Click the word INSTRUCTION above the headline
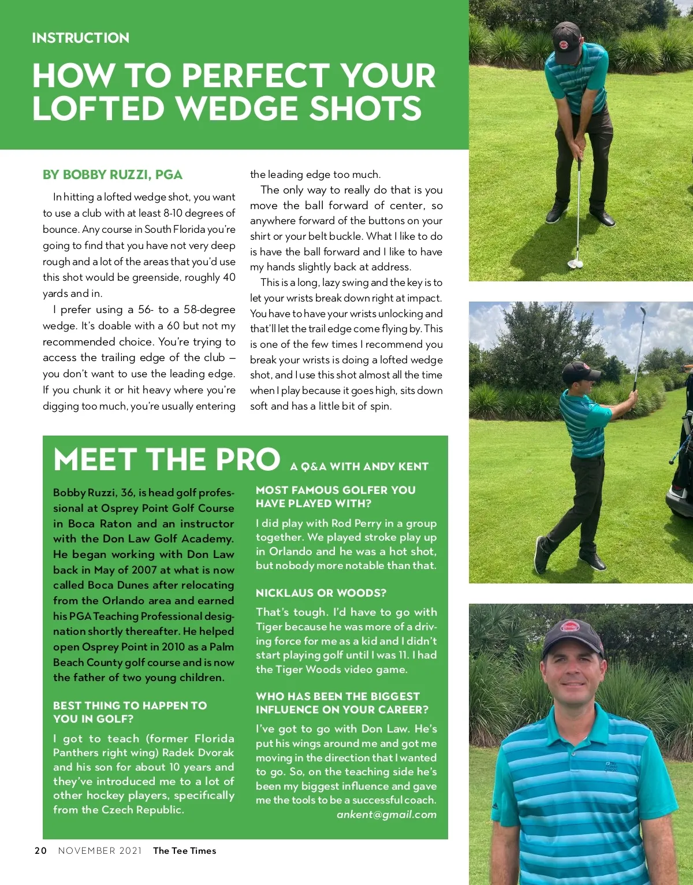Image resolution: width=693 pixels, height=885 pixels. click(81, 38)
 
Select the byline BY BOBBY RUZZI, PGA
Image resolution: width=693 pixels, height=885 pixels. click(113, 174)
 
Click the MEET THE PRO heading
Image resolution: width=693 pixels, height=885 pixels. click(167, 460)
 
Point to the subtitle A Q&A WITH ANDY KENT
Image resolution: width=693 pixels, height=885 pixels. click(359, 467)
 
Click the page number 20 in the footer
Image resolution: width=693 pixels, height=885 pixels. click(40, 850)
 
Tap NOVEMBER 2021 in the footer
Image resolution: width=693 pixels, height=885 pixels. click(100, 850)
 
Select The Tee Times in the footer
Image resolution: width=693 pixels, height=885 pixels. click(185, 850)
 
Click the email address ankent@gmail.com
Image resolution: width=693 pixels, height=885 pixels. click(386, 815)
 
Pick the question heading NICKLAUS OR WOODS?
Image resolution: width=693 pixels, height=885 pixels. click(321, 593)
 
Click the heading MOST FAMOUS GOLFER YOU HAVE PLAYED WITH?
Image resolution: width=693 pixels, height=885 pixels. click(336, 497)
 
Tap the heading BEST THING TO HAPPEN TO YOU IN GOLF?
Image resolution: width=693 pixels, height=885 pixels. click(130, 712)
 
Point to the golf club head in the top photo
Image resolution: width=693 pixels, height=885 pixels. click(575, 263)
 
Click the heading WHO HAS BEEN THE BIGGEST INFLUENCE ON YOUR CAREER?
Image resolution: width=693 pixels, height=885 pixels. click(342, 702)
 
